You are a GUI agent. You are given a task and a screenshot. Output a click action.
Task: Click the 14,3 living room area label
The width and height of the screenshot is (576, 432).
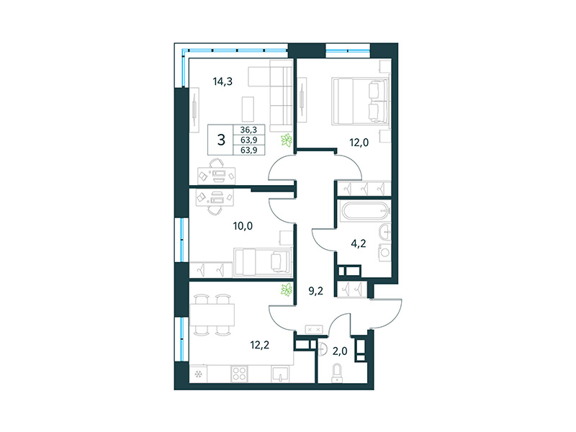tap(222, 81)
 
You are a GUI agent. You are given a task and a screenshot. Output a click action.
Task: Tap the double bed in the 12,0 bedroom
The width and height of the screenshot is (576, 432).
tap(360, 101)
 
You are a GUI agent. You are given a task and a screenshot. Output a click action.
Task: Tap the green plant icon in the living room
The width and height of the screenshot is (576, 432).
tap(287, 140)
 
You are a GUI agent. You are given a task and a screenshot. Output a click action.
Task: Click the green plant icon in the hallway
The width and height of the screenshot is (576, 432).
tap(287, 290)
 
